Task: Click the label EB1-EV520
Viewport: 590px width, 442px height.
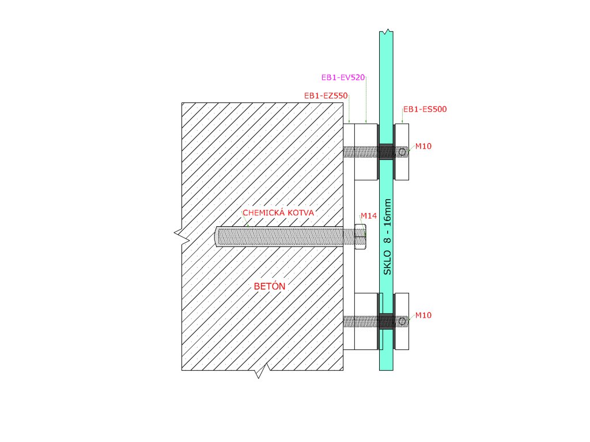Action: [x=343, y=77]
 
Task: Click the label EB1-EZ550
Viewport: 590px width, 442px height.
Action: [x=326, y=96]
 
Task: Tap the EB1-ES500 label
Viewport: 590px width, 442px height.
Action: [x=425, y=109]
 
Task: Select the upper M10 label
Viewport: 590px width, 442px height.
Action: [x=423, y=146]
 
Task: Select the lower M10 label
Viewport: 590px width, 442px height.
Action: [x=423, y=315]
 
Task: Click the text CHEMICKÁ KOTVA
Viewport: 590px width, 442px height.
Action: [x=278, y=212]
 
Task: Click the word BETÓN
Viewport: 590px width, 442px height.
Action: [x=270, y=286]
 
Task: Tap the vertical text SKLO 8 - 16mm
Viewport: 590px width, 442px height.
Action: [x=387, y=237]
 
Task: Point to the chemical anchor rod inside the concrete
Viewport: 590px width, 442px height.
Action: [x=277, y=236]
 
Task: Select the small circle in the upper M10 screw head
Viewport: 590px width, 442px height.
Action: [x=403, y=152]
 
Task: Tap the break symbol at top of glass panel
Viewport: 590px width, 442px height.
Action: [x=387, y=31]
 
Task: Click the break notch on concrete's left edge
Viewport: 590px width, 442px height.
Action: [x=180, y=234]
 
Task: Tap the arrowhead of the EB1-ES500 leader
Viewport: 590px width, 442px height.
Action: [x=402, y=122]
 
